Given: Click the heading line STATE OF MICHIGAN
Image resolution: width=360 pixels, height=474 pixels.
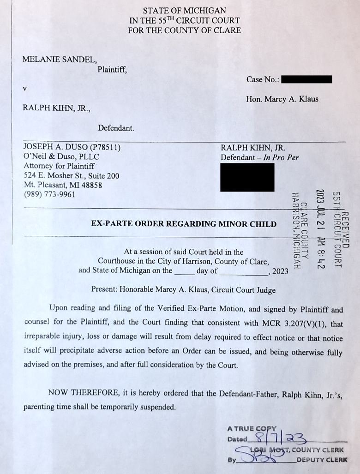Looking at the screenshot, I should point(184,10).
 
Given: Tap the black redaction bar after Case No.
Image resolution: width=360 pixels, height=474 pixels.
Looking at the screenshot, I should point(306,79).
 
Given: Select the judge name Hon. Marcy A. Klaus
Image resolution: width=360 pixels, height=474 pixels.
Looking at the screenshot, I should point(282,99).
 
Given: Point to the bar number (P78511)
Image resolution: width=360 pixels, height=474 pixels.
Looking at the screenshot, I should point(105,147).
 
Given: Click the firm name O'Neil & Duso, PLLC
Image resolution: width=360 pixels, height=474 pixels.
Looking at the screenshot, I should point(61,156).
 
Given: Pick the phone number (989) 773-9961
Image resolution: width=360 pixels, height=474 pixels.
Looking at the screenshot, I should point(49,194).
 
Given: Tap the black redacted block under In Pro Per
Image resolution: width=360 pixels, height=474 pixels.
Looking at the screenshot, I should point(247,177).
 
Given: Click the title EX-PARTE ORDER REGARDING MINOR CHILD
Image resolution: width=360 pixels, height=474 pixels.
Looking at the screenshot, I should point(184,224).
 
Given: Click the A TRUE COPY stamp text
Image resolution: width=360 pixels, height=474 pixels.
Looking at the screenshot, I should point(252,429).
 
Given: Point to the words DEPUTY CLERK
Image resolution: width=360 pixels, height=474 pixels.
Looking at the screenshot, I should point(321,460).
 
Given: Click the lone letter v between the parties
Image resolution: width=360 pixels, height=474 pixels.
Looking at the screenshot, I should point(25,88).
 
